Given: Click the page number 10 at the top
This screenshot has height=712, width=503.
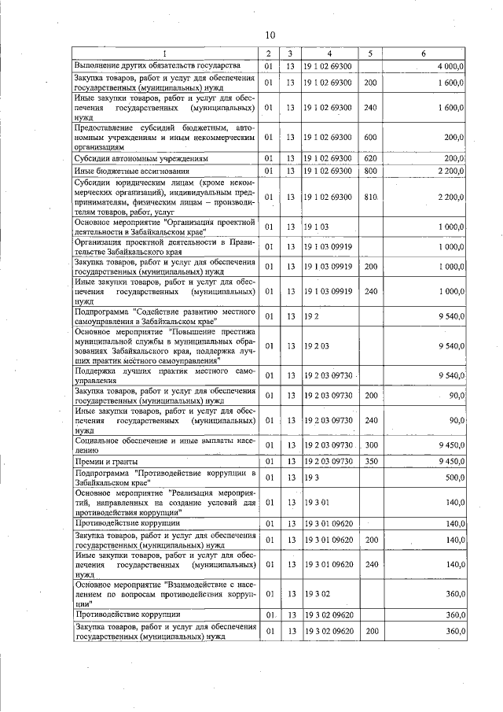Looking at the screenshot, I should (270, 35).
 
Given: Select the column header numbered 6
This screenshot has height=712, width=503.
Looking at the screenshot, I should (423, 53).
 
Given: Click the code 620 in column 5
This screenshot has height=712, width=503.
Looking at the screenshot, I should (371, 158).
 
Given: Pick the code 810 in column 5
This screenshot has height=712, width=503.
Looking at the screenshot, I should (371, 197).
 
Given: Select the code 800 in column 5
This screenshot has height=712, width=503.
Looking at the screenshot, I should (371, 170).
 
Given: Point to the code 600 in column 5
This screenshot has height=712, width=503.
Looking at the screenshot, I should (371, 136).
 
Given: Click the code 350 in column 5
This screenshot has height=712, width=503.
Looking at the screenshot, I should (371, 461).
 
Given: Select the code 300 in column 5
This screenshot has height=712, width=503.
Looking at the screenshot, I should (371, 445).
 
